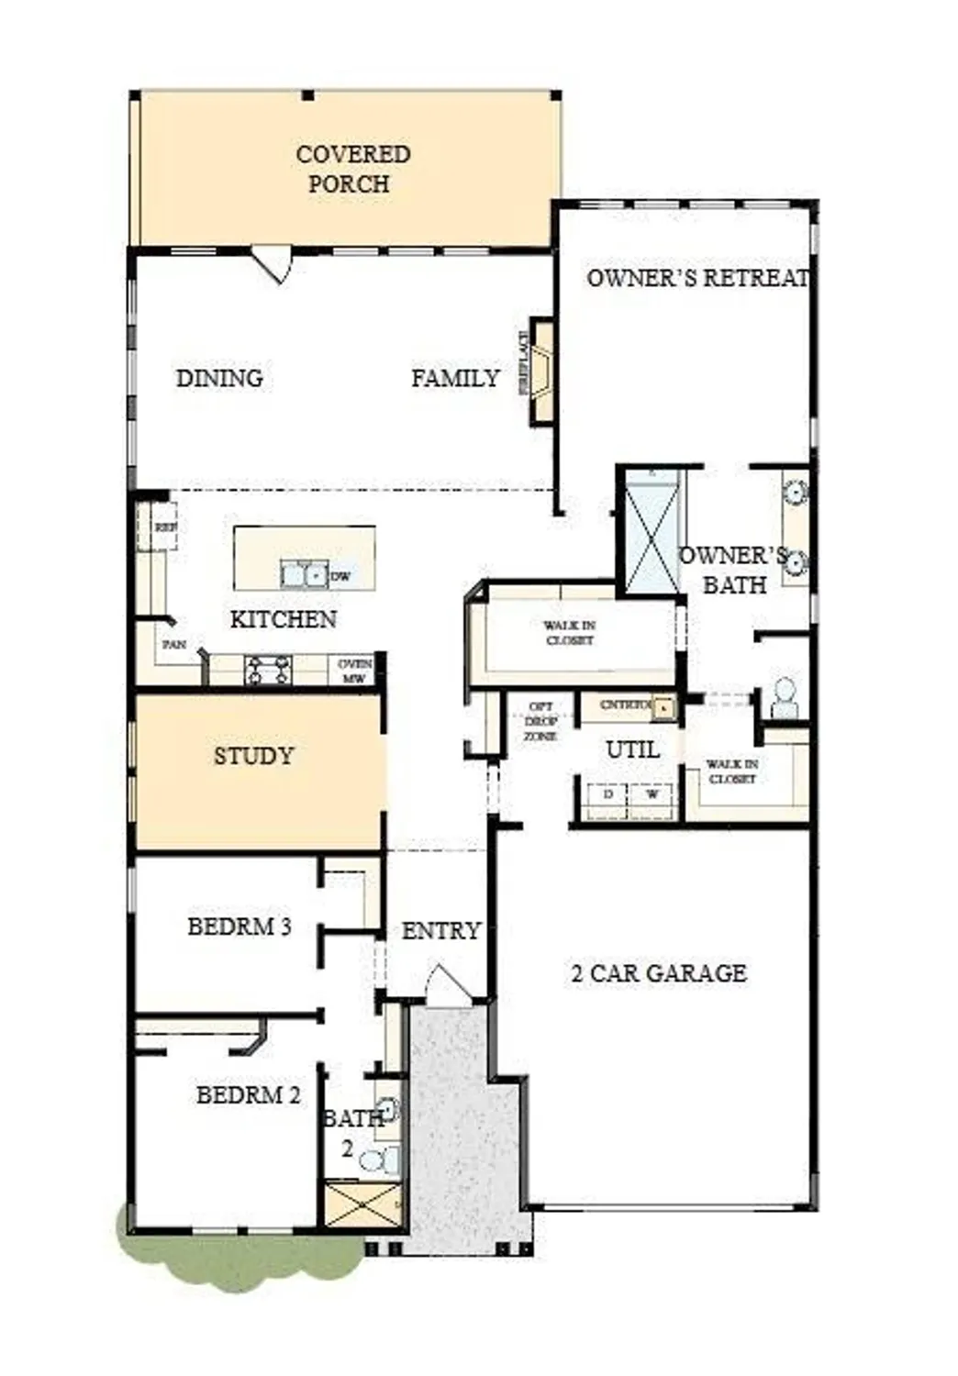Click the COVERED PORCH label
tap(352, 169)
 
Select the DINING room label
tap(219, 378)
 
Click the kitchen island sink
tap(304, 575)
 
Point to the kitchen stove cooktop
tap(268, 671)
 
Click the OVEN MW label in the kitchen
tap(354, 671)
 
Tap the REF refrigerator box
tap(158, 527)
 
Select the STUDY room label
tap(254, 756)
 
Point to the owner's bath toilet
tap(784, 700)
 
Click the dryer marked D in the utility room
tap(607, 796)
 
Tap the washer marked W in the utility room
tap(652, 796)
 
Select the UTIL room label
tap(632, 749)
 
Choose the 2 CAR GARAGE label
tap(658, 973)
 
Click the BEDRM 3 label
tap(239, 927)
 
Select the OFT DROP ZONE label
tap(540, 721)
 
